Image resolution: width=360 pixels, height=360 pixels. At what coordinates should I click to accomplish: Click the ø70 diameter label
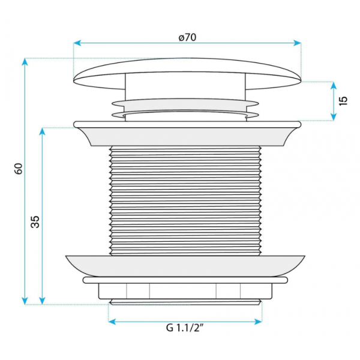point(187,37)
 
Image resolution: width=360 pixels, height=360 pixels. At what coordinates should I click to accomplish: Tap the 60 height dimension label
point(19,169)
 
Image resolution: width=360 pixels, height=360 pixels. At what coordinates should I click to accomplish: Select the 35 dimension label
point(35,222)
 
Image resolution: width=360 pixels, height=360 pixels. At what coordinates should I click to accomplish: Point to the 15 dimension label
point(343,101)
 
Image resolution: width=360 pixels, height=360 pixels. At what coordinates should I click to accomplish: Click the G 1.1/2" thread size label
point(185,328)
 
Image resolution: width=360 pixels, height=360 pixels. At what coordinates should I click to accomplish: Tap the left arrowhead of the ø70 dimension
point(77,43)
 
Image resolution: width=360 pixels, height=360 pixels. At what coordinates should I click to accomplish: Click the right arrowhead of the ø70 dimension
point(298,43)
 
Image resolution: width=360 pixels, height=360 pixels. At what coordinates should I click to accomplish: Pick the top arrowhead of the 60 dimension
point(25,62)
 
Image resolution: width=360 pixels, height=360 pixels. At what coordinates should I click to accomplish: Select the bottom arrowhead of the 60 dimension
point(25,301)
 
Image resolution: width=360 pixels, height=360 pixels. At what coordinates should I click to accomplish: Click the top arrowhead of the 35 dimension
point(42,131)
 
